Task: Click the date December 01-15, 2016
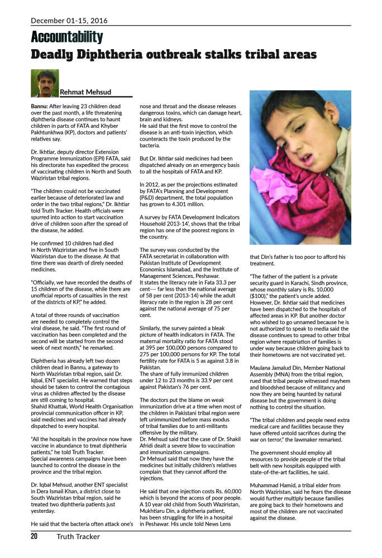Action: (x=68, y=21)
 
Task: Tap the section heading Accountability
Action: (x=67, y=37)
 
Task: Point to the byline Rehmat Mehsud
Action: (x=85, y=92)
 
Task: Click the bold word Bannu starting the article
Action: (x=39, y=105)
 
